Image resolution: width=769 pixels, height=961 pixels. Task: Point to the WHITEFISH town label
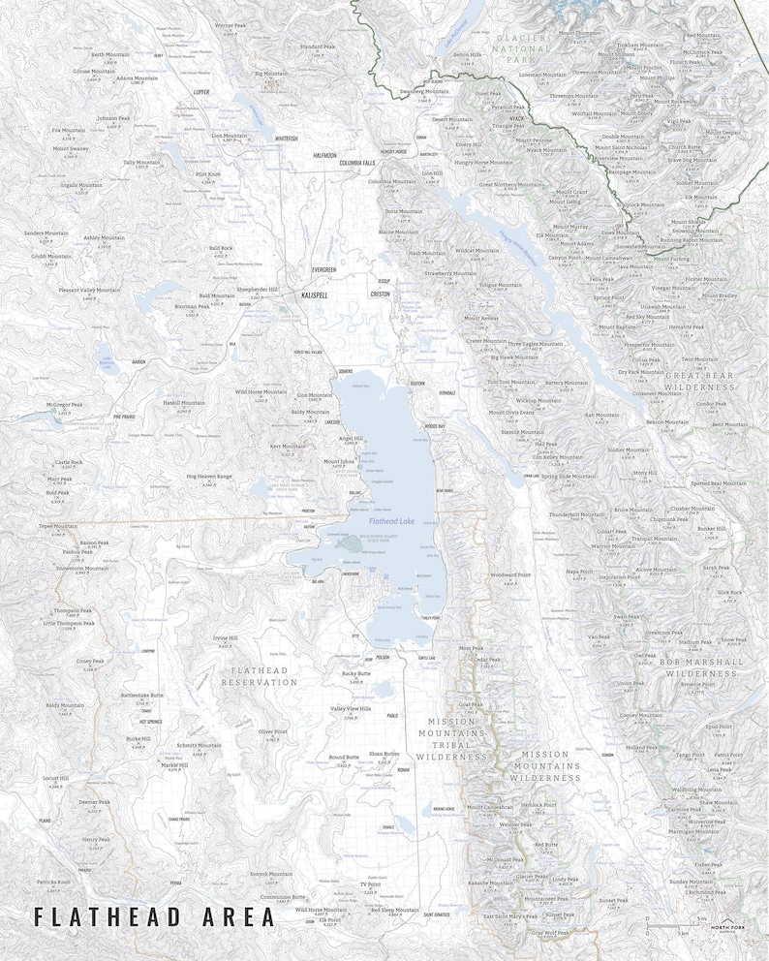(287, 139)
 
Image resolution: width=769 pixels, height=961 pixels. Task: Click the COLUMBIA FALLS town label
(356, 164)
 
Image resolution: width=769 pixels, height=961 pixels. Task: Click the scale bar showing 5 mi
(678, 926)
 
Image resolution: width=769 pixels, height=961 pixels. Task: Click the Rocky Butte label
(356, 673)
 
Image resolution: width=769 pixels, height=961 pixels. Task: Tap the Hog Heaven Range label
(210, 477)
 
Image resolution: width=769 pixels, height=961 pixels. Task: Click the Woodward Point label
(510, 574)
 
